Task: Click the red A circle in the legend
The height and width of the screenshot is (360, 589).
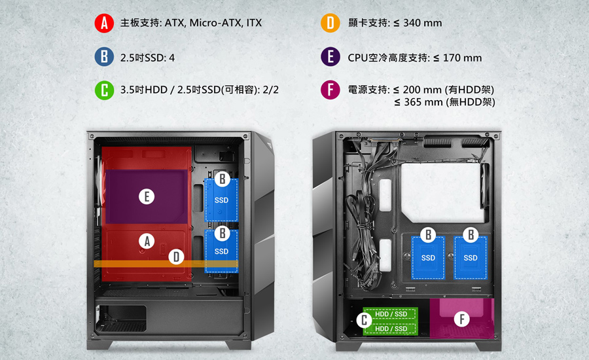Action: click(x=104, y=23)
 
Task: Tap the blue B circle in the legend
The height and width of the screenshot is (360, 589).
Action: click(x=104, y=57)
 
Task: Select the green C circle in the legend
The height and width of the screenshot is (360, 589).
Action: click(x=104, y=90)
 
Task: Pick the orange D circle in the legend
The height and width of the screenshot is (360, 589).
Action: click(x=330, y=23)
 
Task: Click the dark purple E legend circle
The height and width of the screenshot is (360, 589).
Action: click(x=330, y=57)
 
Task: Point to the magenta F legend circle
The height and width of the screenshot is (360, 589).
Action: click(x=330, y=90)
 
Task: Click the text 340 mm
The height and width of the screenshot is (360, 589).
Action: click(x=423, y=23)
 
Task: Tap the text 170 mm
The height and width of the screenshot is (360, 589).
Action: click(x=462, y=58)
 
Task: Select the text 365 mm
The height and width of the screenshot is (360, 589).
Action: click(x=423, y=102)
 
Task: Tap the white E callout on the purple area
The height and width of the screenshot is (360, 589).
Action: click(x=147, y=196)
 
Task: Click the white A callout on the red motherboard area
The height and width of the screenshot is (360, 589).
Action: click(x=147, y=242)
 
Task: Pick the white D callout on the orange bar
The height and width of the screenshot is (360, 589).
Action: click(x=176, y=257)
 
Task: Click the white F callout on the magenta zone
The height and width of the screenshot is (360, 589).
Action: click(x=461, y=319)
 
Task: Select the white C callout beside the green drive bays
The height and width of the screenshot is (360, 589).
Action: click(x=364, y=321)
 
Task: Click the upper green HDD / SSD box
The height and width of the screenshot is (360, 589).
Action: click(x=391, y=314)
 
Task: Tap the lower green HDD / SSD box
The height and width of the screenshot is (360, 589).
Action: click(x=391, y=329)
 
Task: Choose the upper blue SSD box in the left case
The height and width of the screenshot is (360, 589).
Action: click(x=221, y=200)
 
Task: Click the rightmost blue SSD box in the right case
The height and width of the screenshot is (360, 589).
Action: click(x=471, y=258)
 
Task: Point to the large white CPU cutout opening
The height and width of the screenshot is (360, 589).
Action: click(x=441, y=192)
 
